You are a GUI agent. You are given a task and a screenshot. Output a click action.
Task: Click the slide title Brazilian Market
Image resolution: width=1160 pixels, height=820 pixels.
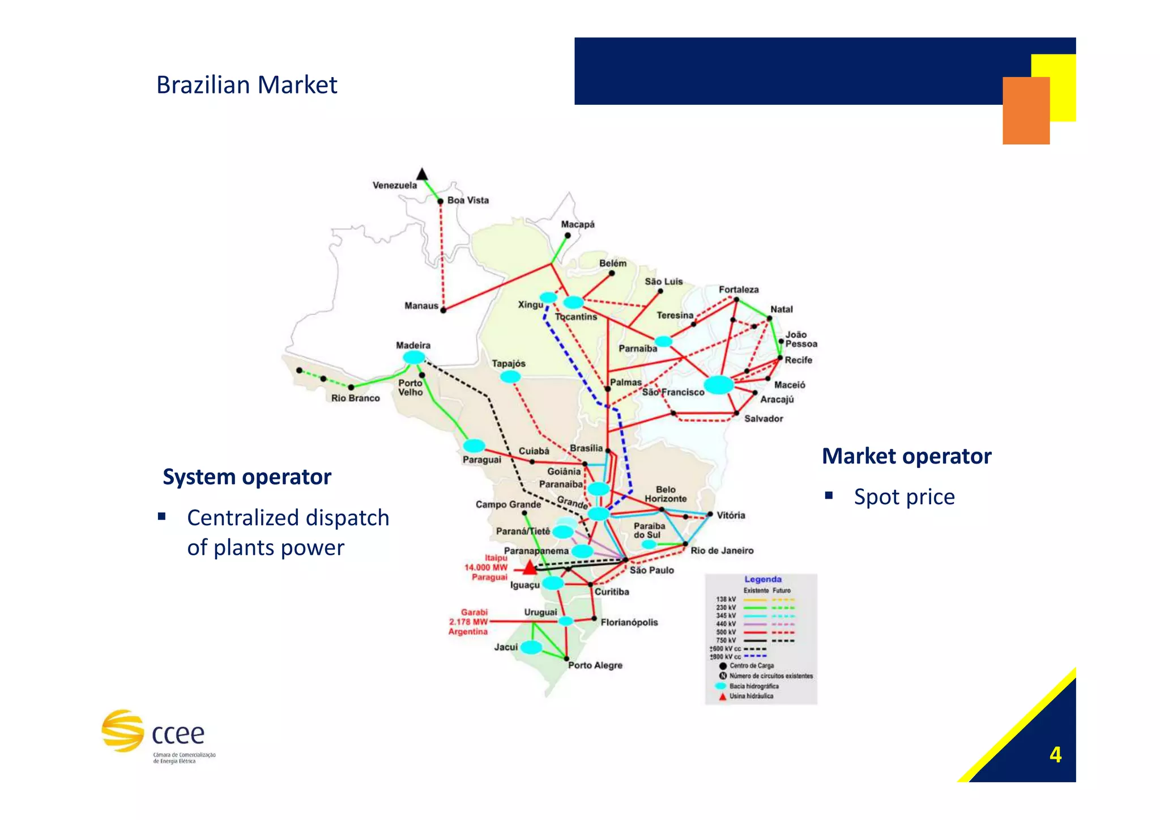246,85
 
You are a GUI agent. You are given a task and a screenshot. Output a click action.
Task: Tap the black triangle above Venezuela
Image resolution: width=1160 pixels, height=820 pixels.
422,173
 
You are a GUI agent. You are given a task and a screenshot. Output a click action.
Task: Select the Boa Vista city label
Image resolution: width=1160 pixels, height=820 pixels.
468,200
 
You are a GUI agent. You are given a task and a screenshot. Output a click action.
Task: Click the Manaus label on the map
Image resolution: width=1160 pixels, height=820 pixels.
421,305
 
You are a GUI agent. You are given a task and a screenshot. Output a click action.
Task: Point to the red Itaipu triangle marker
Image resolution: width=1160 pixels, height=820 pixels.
529,567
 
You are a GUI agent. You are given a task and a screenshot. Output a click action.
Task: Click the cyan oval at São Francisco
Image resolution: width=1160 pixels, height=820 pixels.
718,384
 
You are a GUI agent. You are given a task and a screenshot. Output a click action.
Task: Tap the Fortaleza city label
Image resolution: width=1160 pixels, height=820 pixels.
739,290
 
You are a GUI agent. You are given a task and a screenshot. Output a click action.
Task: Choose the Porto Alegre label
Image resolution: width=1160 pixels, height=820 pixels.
595,665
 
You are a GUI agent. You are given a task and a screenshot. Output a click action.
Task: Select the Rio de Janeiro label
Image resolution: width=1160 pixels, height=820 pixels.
722,550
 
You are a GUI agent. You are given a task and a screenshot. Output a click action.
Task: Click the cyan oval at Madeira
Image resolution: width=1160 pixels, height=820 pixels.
414,358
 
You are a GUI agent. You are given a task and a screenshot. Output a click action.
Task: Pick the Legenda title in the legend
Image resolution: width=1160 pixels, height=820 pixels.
763,579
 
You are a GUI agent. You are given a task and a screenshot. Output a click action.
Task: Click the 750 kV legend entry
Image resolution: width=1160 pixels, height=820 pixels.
726,640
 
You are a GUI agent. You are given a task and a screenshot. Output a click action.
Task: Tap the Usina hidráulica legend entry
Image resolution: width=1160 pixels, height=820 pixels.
751,696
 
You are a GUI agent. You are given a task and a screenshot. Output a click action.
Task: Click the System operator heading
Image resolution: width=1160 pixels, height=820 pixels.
247,477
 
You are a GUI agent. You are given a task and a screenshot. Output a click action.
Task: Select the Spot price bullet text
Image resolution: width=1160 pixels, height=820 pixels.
904,497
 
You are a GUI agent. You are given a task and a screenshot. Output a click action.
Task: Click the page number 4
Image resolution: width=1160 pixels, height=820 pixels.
1055,755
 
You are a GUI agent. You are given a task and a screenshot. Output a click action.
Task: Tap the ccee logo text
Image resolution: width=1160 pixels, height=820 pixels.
178,734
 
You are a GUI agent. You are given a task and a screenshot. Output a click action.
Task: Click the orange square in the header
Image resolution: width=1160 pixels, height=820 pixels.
1025,111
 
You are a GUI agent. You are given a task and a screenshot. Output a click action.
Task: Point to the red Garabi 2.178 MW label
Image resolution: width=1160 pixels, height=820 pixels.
468,622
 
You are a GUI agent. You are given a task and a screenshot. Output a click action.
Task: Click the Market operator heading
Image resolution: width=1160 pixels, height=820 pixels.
906,456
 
